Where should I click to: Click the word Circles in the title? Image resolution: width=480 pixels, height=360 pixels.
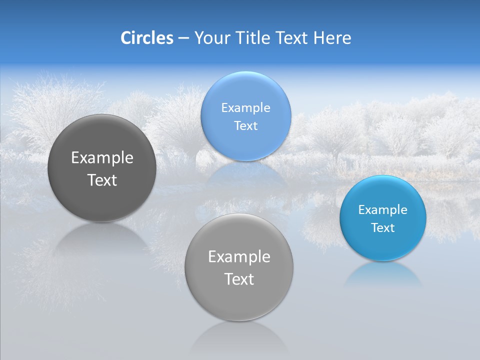[147, 38]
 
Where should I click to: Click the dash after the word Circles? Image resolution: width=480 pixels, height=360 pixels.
[183, 38]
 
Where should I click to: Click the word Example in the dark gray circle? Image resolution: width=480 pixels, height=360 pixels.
[102, 158]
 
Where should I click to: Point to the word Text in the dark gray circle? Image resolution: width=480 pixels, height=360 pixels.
[102, 180]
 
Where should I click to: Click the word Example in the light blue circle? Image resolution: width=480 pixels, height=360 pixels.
[245, 108]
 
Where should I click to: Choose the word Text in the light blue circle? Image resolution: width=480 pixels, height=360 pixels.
[245, 126]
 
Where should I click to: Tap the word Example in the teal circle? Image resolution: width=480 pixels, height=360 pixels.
[383, 210]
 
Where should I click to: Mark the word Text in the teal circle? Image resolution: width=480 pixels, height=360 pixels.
[383, 228]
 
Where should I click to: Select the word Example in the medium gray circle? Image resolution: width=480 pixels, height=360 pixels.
[239, 257]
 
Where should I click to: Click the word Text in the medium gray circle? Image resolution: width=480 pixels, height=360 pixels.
[239, 279]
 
